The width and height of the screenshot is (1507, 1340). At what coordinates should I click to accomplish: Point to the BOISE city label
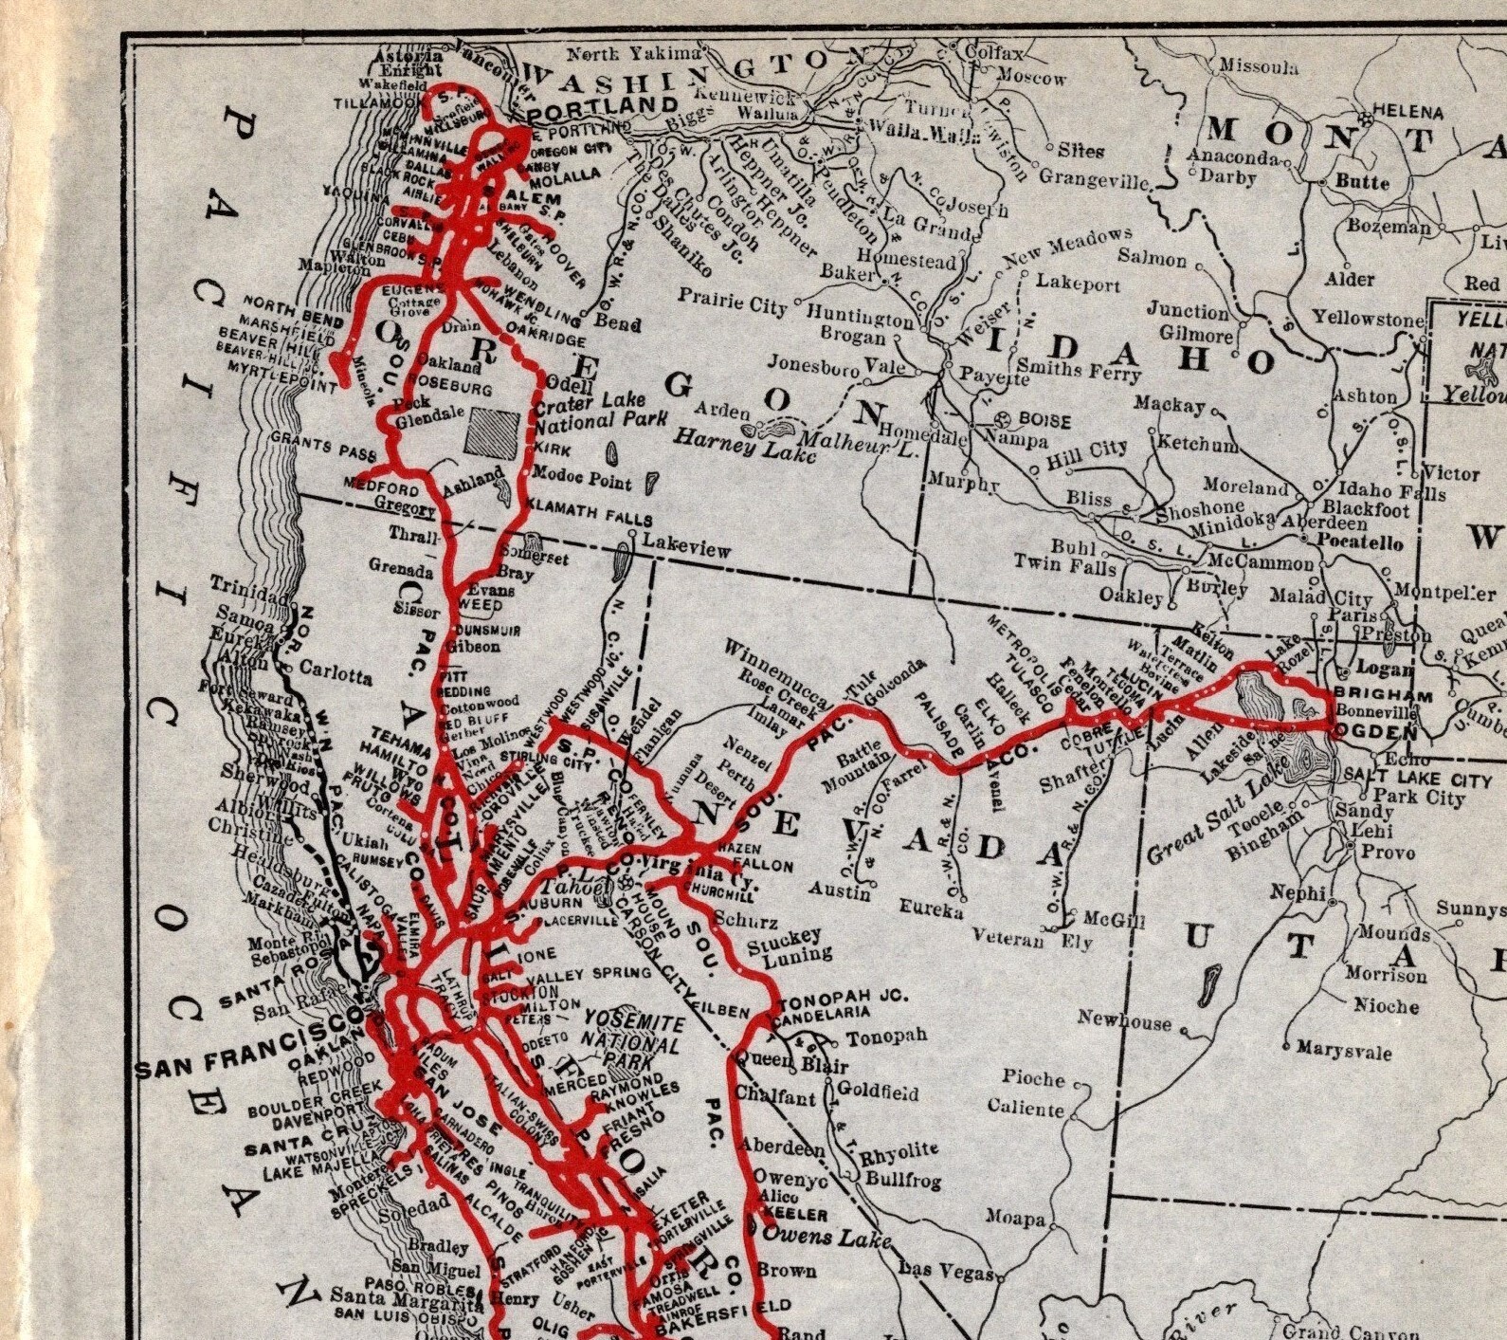click(1044, 419)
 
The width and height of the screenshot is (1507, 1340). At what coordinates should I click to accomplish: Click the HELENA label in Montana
click(1408, 112)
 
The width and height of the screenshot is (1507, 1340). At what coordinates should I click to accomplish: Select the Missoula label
click(1258, 65)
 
